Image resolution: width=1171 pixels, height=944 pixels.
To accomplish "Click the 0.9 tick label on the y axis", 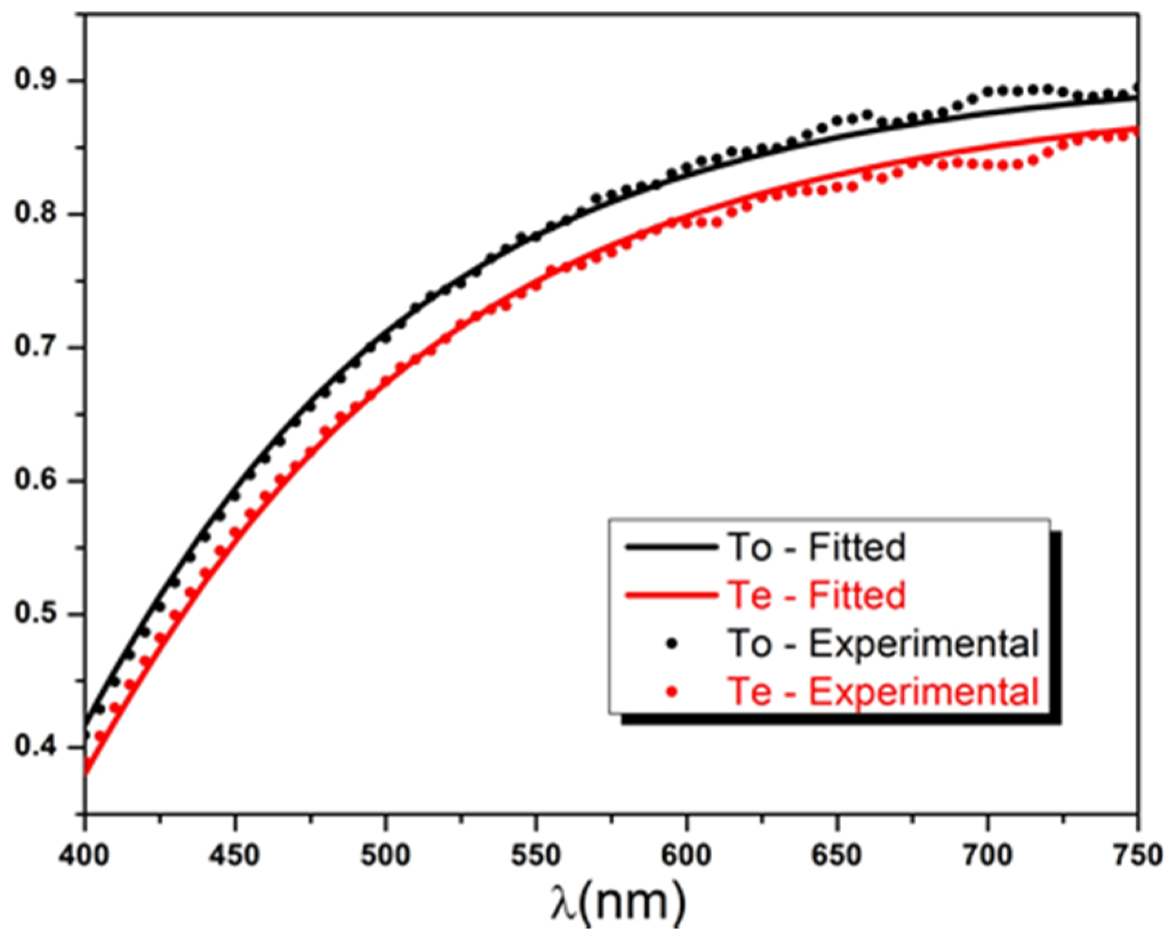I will point(37,80).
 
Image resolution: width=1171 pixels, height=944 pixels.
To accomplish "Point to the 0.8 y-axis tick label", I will point(37,214).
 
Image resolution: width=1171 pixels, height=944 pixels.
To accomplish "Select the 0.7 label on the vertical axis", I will point(37,347).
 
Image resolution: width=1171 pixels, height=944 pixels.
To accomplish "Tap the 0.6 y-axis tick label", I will point(37,480).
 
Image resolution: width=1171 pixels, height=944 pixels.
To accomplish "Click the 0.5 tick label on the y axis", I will point(37,614).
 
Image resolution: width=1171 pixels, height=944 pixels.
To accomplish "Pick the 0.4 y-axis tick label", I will point(37,747).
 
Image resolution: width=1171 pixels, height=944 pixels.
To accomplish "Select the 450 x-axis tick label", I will point(235,856).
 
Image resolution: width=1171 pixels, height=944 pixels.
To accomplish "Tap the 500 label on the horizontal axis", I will point(385,856).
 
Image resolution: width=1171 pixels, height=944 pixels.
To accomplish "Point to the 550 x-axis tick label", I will point(536,856).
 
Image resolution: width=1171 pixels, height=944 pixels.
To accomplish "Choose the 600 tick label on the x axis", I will point(686,856).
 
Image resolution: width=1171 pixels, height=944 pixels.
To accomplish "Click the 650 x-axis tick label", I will point(837,856).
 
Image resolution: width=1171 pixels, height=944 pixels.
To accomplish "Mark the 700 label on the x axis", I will point(987,856).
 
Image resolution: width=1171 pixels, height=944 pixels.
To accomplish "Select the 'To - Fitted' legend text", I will point(817,547).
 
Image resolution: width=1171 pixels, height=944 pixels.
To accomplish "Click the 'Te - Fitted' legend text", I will point(817,595).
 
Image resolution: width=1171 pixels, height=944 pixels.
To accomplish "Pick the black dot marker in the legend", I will point(672,643).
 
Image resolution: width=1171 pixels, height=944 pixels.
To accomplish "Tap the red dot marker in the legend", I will point(672,692).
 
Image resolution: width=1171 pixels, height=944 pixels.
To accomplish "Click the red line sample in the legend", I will point(672,595).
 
